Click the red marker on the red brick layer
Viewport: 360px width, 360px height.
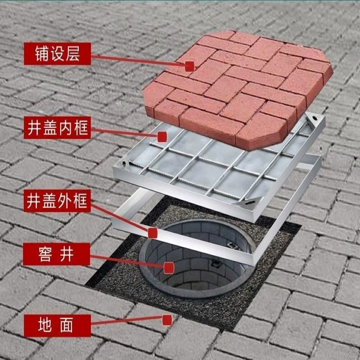189,67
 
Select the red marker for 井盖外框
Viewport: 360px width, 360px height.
153,233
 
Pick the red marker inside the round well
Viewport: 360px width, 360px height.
169,268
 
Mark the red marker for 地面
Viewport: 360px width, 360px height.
167,320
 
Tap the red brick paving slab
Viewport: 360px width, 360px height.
238,85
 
